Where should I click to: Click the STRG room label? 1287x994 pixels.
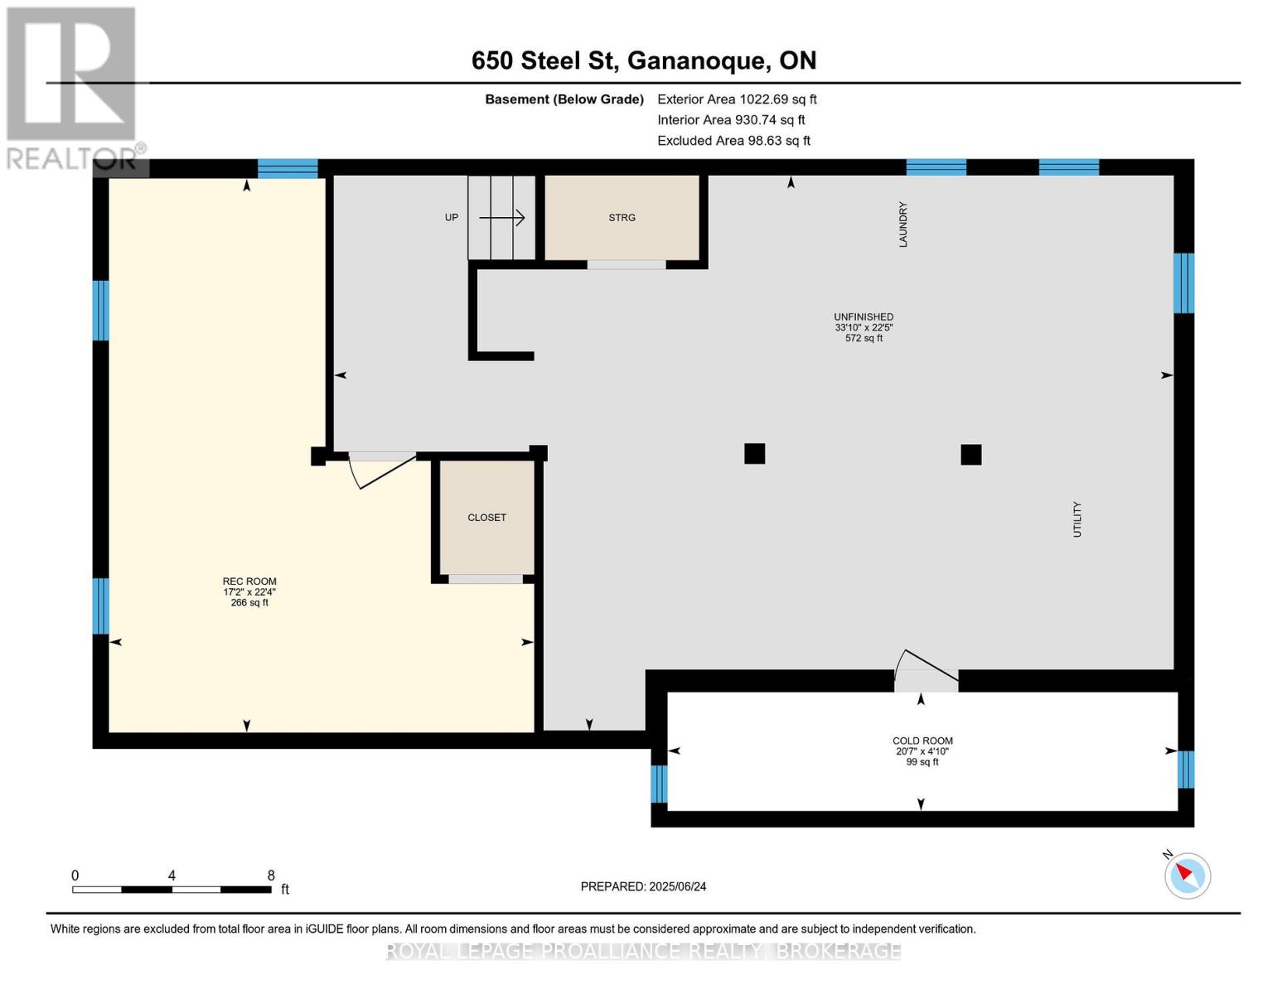622,218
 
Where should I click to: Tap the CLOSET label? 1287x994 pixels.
486,518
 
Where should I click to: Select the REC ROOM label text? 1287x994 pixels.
249,581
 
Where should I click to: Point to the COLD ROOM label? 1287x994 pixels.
922,741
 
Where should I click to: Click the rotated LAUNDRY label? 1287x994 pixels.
903,224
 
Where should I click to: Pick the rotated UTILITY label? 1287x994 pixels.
1077,519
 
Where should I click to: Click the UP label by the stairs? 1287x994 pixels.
452,218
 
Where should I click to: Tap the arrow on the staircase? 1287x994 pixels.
502,218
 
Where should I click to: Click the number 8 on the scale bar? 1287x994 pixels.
271,876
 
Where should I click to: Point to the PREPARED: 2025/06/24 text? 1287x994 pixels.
643,886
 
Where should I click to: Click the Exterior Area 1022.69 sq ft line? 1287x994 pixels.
737,99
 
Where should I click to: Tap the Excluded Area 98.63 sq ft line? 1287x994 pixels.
733,141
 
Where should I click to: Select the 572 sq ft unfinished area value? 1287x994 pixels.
864,338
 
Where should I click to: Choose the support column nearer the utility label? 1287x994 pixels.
970,455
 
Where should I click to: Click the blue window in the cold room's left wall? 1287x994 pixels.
659,784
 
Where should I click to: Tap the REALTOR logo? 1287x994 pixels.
73,87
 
